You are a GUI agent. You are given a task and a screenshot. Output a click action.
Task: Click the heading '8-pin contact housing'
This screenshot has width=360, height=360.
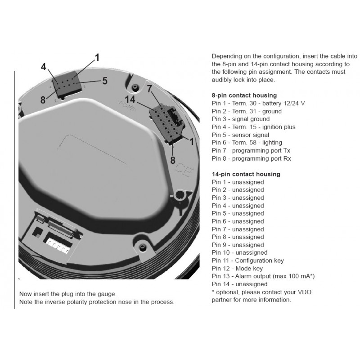click(x=244, y=95)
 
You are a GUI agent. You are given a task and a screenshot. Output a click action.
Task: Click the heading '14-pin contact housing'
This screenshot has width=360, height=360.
click(x=246, y=174)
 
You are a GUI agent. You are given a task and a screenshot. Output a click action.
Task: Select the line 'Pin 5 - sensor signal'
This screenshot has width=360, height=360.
click(x=240, y=135)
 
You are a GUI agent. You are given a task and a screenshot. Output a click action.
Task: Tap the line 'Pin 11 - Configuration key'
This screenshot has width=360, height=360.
click(x=248, y=261)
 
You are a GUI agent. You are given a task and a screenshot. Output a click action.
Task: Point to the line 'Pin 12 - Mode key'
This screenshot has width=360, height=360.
click(x=237, y=268)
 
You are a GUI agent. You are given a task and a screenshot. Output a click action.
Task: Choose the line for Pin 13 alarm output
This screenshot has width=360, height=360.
click(x=263, y=276)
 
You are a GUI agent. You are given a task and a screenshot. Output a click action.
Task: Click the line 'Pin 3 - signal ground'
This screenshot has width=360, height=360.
click(x=241, y=119)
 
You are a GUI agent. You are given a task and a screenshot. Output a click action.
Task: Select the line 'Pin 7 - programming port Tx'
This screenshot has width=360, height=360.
click(x=251, y=150)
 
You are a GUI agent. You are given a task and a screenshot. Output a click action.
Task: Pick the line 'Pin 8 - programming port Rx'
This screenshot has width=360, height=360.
click(x=251, y=158)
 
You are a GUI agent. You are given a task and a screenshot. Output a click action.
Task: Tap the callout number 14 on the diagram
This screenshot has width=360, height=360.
click(x=130, y=99)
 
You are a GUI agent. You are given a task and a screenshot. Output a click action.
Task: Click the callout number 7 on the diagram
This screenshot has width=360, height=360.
click(x=149, y=88)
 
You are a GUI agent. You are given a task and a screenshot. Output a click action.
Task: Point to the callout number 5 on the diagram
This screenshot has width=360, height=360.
click(x=105, y=81)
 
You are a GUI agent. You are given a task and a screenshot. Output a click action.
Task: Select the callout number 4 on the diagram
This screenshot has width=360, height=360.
click(x=44, y=67)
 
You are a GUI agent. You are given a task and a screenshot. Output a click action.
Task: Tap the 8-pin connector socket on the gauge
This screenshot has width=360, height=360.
click(x=67, y=85)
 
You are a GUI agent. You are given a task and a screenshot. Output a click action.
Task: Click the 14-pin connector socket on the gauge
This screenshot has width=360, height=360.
click(x=166, y=124)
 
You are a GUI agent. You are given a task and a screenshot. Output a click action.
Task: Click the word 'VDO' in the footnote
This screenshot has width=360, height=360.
click(x=305, y=292)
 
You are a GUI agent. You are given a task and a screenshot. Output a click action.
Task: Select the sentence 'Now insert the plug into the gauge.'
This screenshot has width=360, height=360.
click(x=68, y=294)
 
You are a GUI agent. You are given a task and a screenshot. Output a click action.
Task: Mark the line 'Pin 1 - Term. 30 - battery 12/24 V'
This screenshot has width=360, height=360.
click(x=258, y=103)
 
